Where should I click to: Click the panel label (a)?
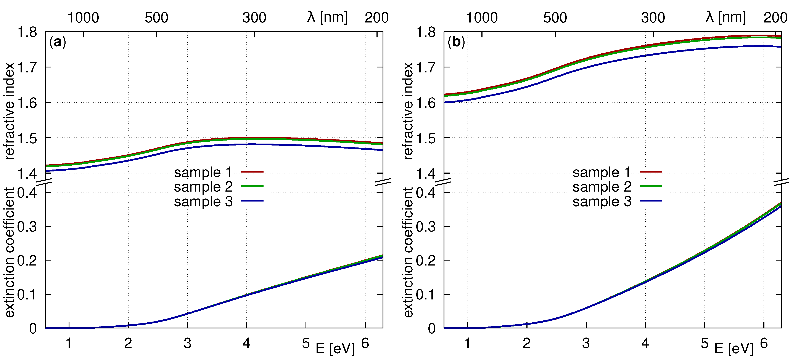tap(58, 42)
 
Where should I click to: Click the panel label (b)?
tap(456, 42)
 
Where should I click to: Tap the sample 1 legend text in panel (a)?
tap(203, 172)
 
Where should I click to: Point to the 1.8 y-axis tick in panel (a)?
tap(27, 32)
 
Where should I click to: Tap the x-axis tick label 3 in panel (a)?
tap(187, 343)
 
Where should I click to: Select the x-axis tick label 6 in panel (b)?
tap(764, 343)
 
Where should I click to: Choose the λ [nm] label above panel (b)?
tap(725, 17)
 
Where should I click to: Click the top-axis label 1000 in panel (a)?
tap(83, 18)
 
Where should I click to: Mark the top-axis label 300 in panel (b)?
tap(653, 18)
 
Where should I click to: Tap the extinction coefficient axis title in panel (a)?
tap(10, 252)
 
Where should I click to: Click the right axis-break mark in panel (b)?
tap(782, 182)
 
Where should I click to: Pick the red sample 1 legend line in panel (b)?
tap(651, 171)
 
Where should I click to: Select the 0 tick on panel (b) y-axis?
tap(432, 329)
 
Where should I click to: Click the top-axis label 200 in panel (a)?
tap(376, 18)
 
